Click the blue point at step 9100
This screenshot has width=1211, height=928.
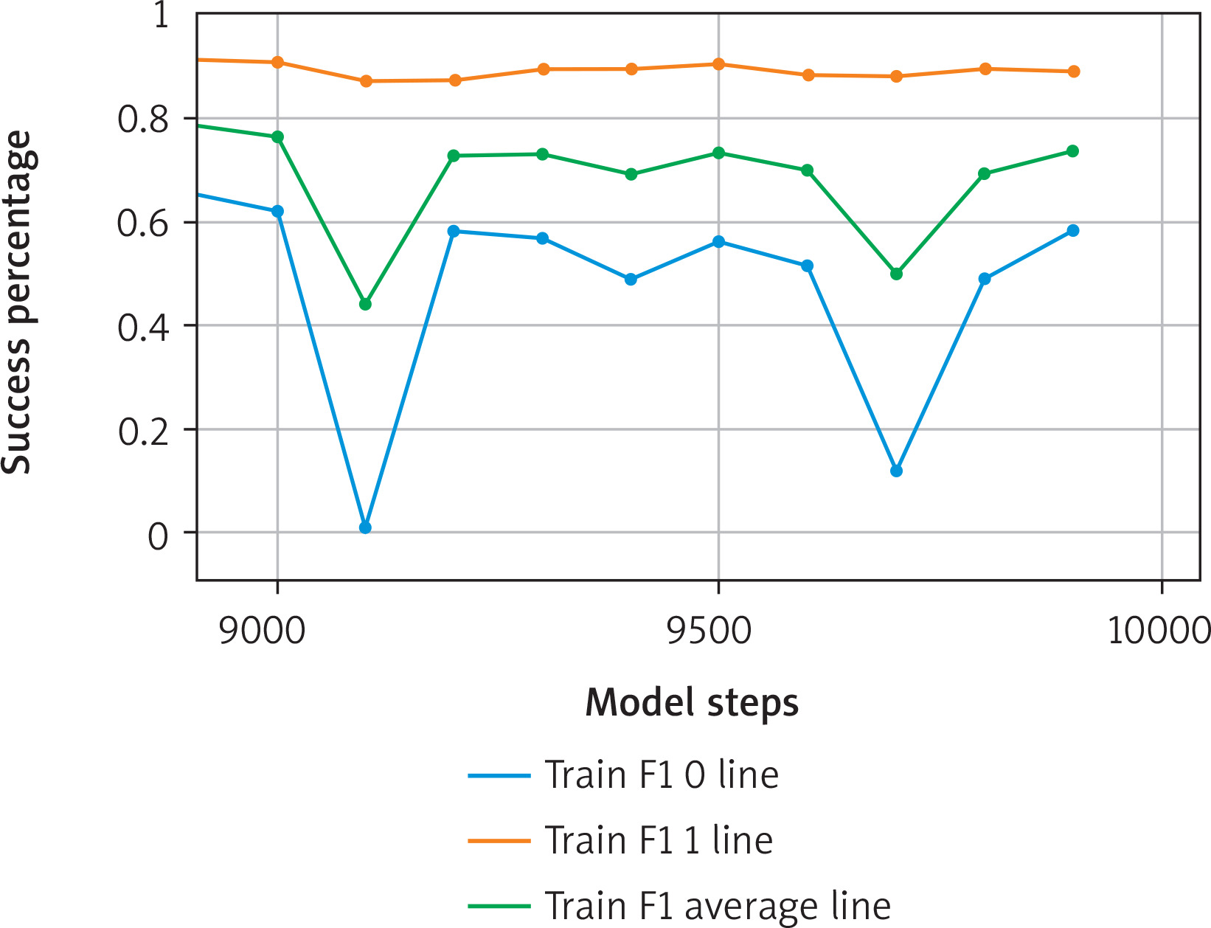(365, 527)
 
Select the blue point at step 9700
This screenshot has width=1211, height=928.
(896, 471)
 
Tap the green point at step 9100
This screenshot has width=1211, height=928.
(365, 304)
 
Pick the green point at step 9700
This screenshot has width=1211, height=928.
(896, 274)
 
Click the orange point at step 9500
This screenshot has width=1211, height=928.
(719, 64)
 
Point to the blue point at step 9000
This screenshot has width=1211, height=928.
(277, 211)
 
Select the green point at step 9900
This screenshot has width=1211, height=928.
(1073, 151)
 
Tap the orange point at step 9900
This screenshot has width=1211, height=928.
(1074, 72)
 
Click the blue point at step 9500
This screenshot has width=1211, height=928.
(719, 242)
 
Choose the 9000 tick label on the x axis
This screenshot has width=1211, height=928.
(262, 632)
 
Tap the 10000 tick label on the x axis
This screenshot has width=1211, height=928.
(1158, 632)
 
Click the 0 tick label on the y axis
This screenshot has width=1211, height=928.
(159, 536)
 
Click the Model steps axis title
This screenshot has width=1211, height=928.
(691, 703)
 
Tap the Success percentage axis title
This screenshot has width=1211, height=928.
(17, 302)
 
